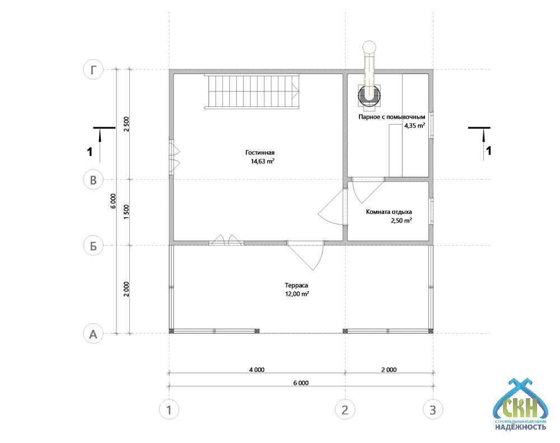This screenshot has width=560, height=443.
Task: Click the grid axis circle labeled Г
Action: coord(93,69)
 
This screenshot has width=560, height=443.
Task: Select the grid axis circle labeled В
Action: coord(93,180)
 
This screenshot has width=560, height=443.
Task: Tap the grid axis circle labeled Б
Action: coord(93,246)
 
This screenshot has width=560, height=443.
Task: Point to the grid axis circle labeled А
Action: coord(93,334)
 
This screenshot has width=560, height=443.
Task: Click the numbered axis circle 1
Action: coord(169,409)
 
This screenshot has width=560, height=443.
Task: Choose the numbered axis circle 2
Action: coord(345,409)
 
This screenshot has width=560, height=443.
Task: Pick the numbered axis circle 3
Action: coord(433,409)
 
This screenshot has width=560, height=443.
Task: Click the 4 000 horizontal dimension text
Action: coord(257,370)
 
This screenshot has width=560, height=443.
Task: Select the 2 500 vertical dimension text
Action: coord(126,124)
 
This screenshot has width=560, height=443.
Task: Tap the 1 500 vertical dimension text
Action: coord(126,212)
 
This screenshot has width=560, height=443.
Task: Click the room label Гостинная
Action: coord(260,152)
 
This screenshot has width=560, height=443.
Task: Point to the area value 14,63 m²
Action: coord(263,161)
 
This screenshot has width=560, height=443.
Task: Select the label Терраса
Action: coord(296,286)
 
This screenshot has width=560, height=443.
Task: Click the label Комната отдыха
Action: coord(389,212)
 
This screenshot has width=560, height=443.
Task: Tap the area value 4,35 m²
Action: coord(414,125)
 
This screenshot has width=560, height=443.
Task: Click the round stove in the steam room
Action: coord(369,95)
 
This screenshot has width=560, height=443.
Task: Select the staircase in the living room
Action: coord(251,91)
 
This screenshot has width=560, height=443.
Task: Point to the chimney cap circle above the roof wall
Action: coord(369,47)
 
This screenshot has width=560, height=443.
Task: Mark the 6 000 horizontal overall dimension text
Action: coord(301,383)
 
